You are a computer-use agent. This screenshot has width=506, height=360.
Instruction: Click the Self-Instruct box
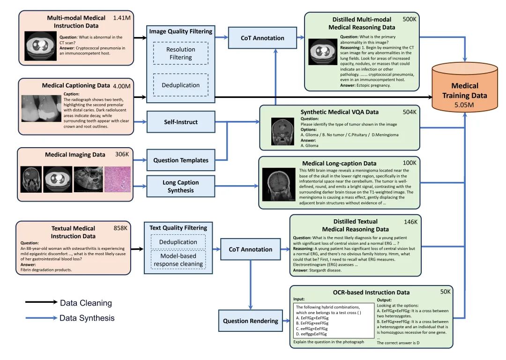(181, 122)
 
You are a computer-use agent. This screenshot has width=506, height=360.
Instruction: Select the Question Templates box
(181, 160)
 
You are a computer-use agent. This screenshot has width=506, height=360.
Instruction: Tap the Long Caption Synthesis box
(181, 186)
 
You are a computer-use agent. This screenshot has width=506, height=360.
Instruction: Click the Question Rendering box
(250, 321)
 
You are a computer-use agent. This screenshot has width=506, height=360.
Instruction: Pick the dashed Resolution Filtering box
(181, 53)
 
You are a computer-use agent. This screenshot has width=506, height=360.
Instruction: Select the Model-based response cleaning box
(178, 260)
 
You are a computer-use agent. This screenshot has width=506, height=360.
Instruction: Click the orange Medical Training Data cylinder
(465, 87)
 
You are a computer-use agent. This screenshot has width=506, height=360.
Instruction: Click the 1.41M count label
(122, 18)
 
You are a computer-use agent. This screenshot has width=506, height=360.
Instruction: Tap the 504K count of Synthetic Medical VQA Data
(409, 112)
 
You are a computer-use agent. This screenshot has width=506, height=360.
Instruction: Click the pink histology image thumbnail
(118, 179)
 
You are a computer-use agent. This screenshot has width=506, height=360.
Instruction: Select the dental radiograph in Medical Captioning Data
(41, 108)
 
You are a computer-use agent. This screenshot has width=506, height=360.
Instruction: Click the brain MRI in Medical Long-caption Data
(278, 184)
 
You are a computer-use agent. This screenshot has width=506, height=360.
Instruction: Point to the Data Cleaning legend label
(86, 303)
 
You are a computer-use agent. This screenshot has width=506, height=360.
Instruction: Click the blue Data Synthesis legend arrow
(41, 318)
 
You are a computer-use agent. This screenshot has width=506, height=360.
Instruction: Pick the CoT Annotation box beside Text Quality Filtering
(250, 249)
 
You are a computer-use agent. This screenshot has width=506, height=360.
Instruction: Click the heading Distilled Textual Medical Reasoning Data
(355, 225)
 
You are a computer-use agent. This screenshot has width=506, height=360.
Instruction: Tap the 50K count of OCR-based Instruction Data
(446, 292)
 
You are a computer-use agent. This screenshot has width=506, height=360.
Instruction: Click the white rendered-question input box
(334, 320)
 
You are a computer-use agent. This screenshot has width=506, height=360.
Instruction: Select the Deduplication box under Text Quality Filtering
(178, 242)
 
